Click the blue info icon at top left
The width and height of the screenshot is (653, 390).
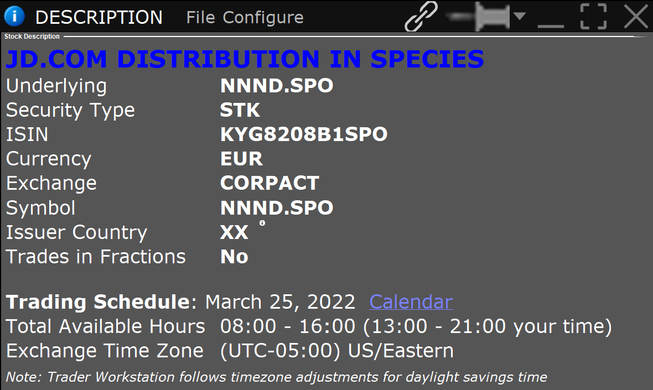point(14,16)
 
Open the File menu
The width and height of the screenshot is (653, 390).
point(201,18)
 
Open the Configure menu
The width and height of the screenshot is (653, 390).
point(263,18)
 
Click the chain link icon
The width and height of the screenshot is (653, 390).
point(421,16)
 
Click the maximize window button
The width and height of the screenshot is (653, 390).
point(593,16)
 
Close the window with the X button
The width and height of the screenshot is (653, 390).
point(636,16)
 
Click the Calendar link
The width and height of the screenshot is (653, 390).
point(411,301)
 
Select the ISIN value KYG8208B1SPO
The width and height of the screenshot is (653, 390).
point(304,134)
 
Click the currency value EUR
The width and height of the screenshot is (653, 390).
point(241,159)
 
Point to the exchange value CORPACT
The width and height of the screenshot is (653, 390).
point(270,183)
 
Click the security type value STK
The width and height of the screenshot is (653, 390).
point(240,110)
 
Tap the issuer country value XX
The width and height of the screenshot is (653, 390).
point(234,232)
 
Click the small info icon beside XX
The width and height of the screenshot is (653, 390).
point(262,223)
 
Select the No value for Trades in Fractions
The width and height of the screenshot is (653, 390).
point(235,256)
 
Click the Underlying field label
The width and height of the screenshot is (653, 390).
point(56,86)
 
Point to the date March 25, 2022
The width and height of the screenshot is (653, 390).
point(280,302)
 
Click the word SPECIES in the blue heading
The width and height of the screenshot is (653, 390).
point(427,59)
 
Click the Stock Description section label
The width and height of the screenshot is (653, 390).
point(32,36)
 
